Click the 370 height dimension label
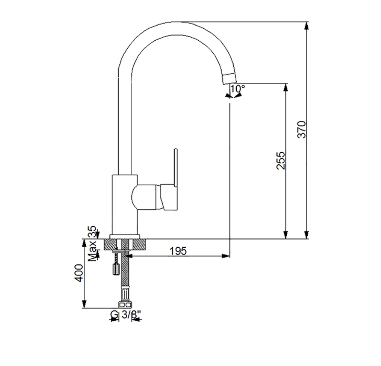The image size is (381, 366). coord(302,129)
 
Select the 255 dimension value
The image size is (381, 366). coord(281,160)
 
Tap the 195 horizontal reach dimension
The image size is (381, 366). coord(178,251)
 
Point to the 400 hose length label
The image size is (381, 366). coord(79,273)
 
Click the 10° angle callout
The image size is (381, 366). coord(237,88)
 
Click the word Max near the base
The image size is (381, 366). coord(92,251)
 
